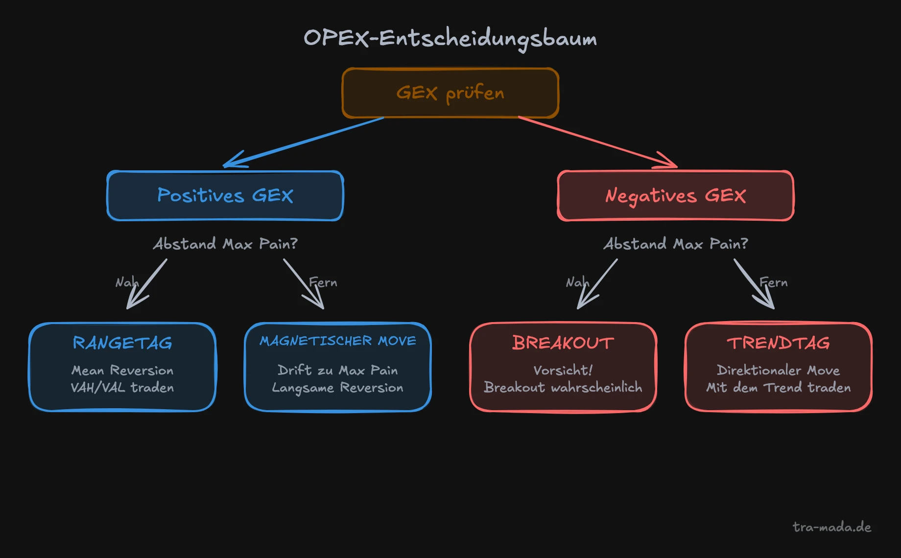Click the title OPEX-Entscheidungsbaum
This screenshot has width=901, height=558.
pos(450,38)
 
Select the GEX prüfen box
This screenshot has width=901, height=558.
pos(450,93)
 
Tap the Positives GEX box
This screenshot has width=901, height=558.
pos(225,196)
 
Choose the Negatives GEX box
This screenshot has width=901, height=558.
pos(675,196)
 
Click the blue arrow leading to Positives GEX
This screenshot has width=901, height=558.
pos(304,142)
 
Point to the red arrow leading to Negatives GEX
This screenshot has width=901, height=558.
pos(597,142)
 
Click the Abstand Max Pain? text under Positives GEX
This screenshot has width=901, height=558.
pos(225,244)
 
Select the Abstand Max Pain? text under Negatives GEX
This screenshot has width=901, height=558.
pos(675,244)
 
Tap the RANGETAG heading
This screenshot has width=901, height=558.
pos(122,343)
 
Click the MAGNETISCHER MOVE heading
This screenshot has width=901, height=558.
pos(338,341)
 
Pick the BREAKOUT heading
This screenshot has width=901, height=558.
pos(563,343)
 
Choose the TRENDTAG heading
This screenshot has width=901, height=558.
pos(778,343)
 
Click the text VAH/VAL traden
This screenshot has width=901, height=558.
pos(122,388)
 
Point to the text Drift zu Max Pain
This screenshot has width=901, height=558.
pos(338,371)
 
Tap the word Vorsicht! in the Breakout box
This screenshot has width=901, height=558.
pos(563,371)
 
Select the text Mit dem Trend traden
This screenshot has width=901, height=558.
pos(778,388)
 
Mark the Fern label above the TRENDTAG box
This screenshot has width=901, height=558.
pos(774,282)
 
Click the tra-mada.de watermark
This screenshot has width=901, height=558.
pos(832,527)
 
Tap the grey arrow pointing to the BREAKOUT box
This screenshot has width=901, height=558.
pos(597,284)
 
